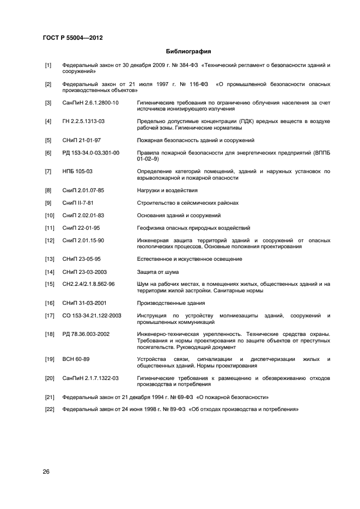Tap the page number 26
(46, 471)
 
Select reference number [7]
(48, 171)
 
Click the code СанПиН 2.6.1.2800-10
(90, 102)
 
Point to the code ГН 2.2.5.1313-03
(84, 121)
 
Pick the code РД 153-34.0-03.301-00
(91, 153)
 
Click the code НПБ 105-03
(77, 171)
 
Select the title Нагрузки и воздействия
(167, 191)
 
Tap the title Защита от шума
(158, 272)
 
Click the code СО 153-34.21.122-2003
(92, 315)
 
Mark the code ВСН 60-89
(76, 359)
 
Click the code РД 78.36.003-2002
(86, 334)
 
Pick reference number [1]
(48, 65)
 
